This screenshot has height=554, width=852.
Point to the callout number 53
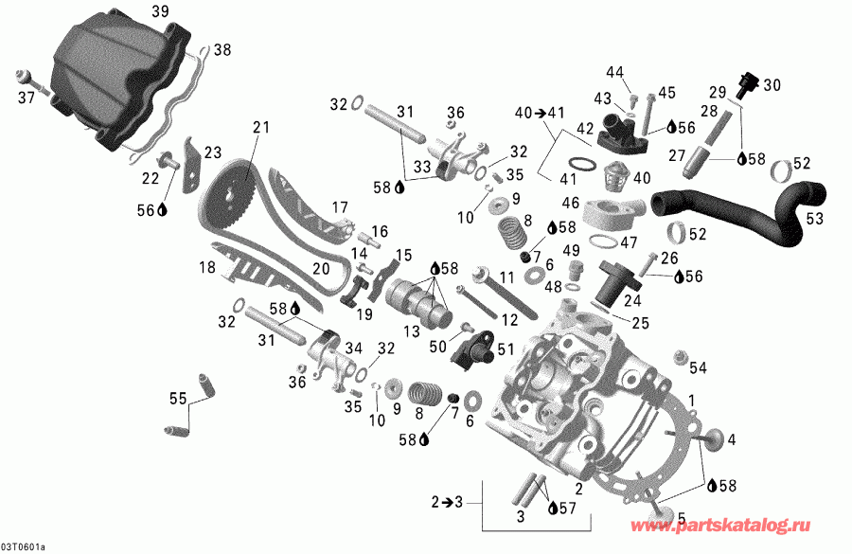814,219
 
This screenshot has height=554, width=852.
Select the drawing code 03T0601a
27,546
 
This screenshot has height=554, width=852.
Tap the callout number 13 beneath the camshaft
409,330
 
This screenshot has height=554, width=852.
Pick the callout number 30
772,84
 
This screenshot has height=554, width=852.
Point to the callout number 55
176,399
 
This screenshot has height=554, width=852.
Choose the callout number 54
698,366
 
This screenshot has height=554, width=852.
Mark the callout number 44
615,72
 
